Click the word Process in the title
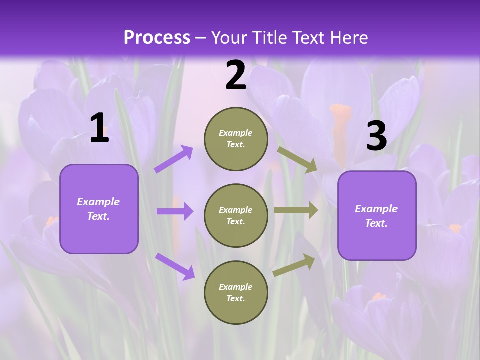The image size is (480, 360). (x=157, y=38)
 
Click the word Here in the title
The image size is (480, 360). (x=347, y=38)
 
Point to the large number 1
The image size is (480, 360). (x=99, y=128)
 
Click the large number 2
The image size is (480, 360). (x=236, y=75)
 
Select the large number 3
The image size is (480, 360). (x=376, y=136)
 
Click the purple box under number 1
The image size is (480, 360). (x=99, y=209)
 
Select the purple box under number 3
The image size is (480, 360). (x=377, y=216)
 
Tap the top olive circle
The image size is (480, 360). (x=236, y=139)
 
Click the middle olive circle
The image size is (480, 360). (x=236, y=215)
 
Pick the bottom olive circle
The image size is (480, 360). (x=236, y=292)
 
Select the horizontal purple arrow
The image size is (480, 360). (x=175, y=211)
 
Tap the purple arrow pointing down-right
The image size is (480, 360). (x=175, y=266)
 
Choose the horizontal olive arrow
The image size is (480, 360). (x=296, y=210)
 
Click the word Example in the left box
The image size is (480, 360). (x=98, y=202)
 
